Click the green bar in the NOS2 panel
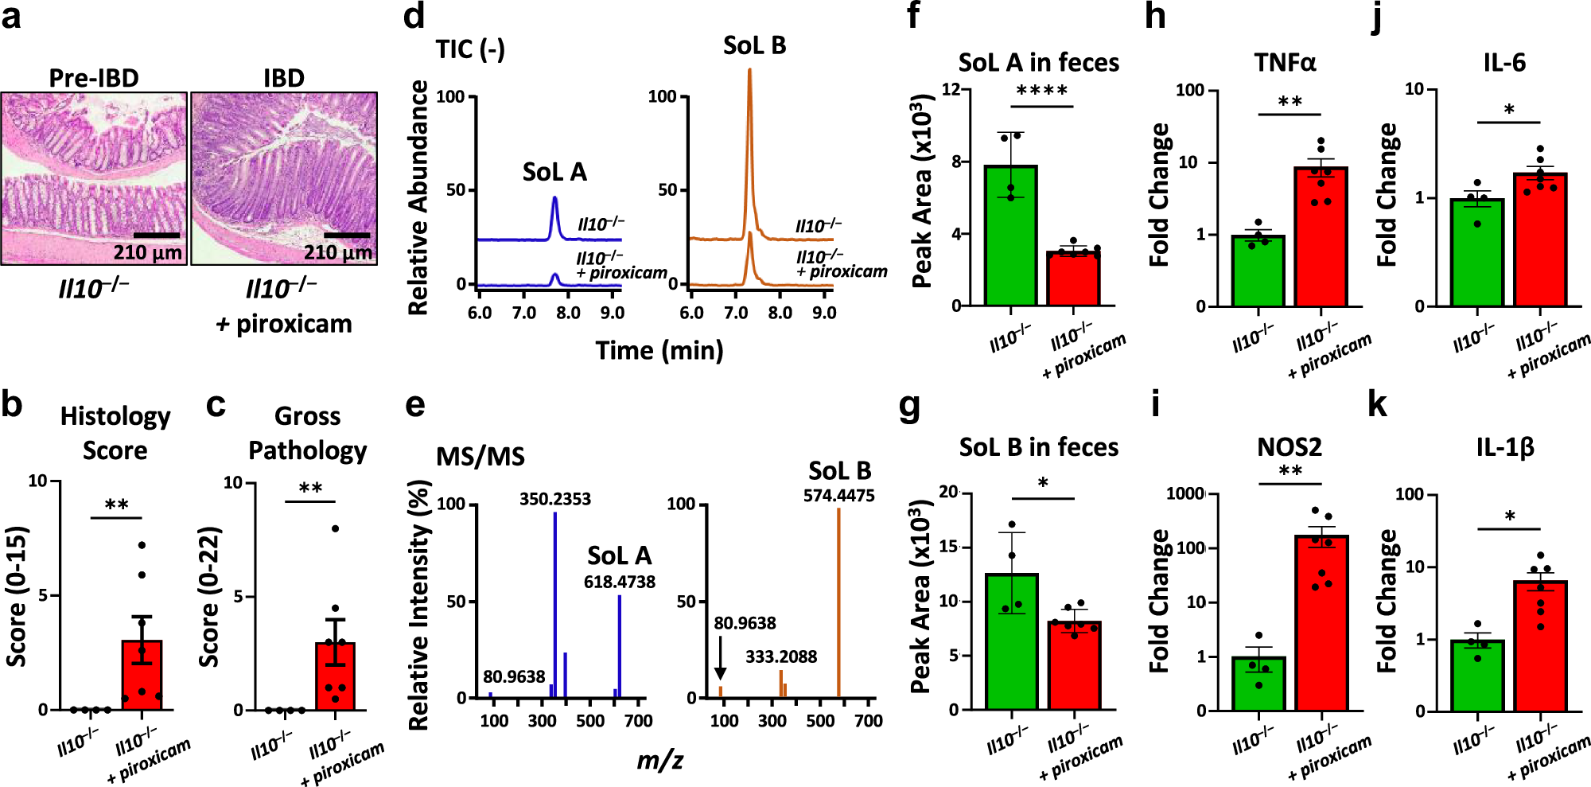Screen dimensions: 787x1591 point(1258,684)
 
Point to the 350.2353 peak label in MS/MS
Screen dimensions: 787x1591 point(555,499)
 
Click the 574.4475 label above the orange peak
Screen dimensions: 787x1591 point(838,496)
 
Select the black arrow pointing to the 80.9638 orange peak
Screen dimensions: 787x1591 point(720,660)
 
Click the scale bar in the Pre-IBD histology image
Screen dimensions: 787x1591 point(157,236)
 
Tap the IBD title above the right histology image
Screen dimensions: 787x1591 point(284,78)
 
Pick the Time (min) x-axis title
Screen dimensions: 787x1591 point(659,350)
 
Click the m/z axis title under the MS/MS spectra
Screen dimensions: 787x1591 point(659,761)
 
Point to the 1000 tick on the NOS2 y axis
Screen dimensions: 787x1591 point(1184,494)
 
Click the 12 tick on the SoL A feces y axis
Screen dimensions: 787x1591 point(951,89)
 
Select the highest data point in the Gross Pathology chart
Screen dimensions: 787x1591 point(335,528)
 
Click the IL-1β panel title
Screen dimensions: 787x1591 point(1504,447)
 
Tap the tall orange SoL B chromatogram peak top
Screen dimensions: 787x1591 point(749,72)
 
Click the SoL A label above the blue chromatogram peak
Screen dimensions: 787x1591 point(554,172)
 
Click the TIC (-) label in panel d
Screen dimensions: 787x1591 point(470,49)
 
